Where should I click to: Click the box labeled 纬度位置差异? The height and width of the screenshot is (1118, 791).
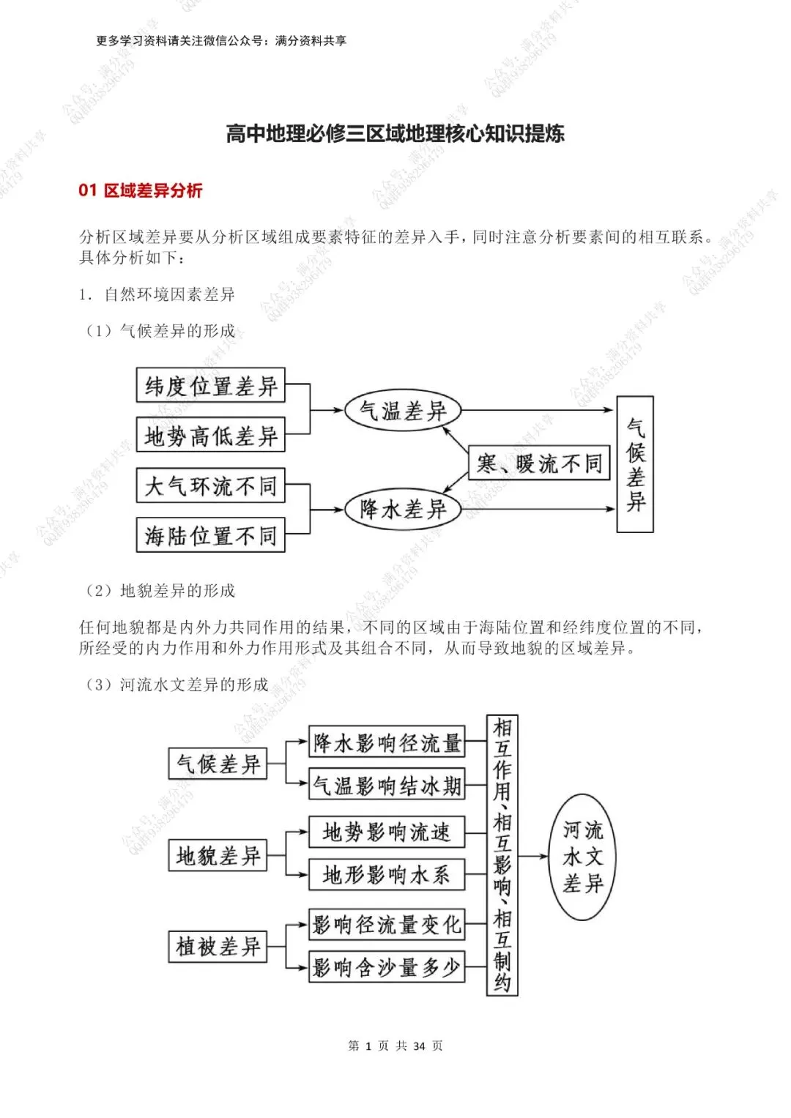pos(211,386)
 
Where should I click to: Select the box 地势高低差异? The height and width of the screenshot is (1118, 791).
pos(211,436)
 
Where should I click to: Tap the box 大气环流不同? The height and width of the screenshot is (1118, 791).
pos(211,485)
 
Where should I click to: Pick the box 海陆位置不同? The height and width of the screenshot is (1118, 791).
pos(211,535)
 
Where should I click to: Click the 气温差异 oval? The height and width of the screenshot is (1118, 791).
pos(403,411)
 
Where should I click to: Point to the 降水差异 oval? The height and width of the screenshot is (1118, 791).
pos(403,509)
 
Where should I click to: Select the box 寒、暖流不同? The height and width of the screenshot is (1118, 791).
pos(539,463)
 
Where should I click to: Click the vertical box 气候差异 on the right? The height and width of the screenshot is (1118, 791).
pos(635,464)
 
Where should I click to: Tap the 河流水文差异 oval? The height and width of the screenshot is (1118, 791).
pos(583,857)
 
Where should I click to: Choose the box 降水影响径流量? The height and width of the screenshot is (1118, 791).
pos(387,743)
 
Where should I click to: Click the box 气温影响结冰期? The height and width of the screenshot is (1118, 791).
pos(387,786)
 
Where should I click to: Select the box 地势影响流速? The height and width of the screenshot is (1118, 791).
pos(387,832)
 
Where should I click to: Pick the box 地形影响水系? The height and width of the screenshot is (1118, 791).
pos(387,874)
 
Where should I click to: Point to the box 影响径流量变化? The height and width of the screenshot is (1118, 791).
pos(387,925)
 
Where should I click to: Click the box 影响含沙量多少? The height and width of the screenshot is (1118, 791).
pos(387,967)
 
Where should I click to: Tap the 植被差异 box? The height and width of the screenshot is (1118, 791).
pos(218,947)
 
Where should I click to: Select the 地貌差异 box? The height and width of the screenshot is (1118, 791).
pos(218,855)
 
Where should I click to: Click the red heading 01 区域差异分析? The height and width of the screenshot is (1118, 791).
pos(141,190)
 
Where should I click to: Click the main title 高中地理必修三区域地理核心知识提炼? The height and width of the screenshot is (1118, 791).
pos(395,134)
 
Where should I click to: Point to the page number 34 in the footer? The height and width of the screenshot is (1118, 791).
pos(419,1046)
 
